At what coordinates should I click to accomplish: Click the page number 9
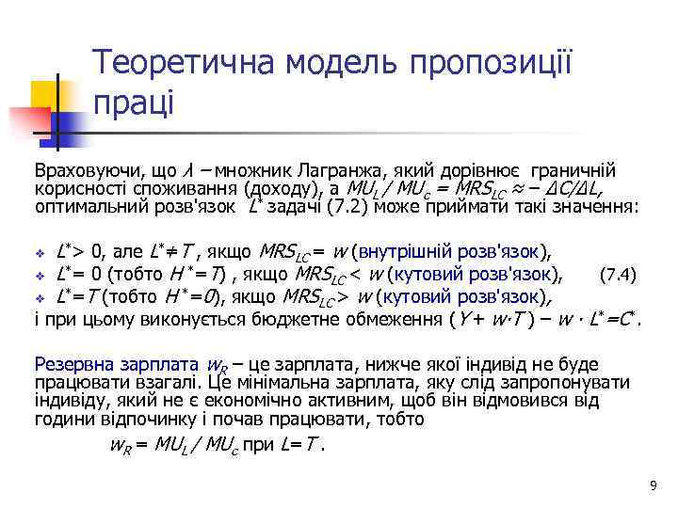(x=653, y=485)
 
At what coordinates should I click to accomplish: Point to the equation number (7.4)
(x=620, y=275)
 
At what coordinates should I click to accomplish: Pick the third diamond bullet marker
(x=40, y=298)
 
